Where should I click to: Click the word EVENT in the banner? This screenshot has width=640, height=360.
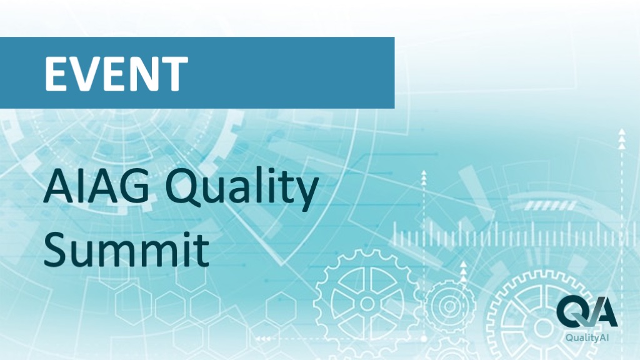(x=116, y=74)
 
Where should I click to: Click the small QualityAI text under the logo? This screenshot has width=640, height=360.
(x=587, y=337)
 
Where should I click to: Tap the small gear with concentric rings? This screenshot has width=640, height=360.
(x=449, y=305)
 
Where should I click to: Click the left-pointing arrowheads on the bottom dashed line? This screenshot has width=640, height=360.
(x=263, y=339)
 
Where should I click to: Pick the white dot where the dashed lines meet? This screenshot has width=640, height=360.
(x=424, y=339)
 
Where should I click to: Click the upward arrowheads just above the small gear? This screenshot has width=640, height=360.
(x=463, y=271)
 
